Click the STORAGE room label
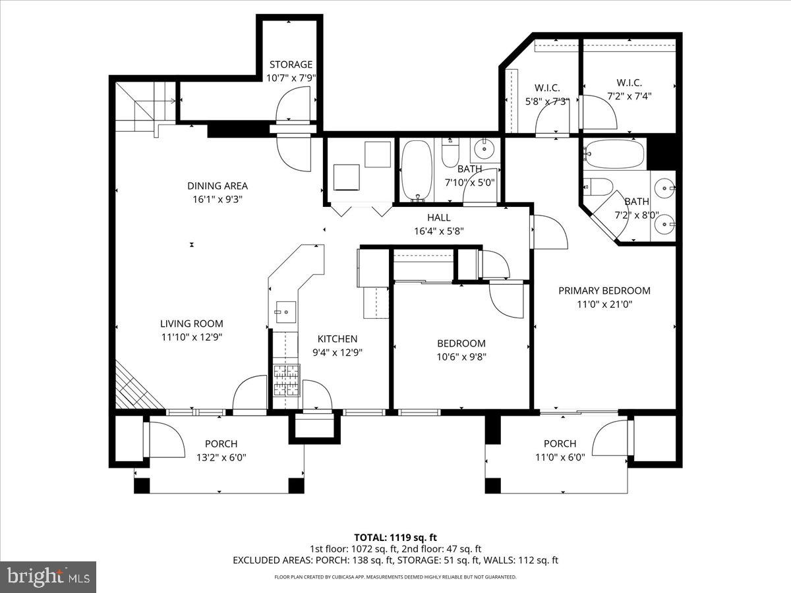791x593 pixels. click(x=291, y=65)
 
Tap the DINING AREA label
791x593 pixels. click(x=217, y=186)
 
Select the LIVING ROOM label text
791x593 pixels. click(x=191, y=324)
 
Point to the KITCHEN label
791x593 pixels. click(x=337, y=339)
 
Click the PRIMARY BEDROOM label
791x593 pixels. click(x=604, y=291)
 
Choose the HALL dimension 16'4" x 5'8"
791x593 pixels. click(x=438, y=231)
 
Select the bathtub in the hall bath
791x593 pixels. click(x=417, y=169)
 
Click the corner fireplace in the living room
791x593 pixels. click(x=135, y=389)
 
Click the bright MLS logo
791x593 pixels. click(x=48, y=577)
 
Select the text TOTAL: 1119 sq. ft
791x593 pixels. click(x=395, y=536)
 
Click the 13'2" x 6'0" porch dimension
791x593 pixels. click(x=221, y=457)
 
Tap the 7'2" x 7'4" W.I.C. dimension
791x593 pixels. click(x=629, y=96)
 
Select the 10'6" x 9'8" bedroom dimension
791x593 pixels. click(x=461, y=357)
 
